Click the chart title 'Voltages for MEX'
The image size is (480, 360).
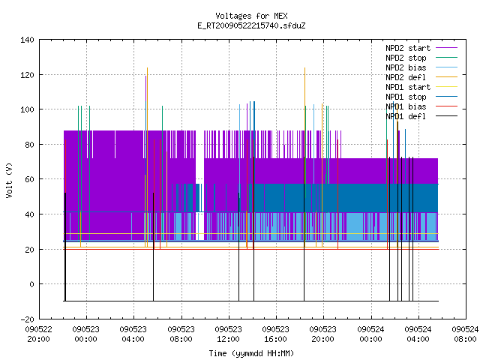click(251, 16)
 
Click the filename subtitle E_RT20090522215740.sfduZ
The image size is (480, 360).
click(251, 25)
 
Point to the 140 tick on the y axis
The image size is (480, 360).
click(27, 40)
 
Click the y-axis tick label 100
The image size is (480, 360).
click(27, 109)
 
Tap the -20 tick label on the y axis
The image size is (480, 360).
click(27, 319)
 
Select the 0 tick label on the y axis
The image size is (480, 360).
click(31, 284)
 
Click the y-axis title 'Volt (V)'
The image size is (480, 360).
click(9, 180)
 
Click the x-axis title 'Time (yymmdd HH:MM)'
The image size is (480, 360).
click(251, 353)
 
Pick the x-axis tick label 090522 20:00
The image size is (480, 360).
click(38, 334)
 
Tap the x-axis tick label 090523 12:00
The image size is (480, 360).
click(228, 334)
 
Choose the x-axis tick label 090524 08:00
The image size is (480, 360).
click(465, 334)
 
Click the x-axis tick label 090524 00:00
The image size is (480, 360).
click(370, 334)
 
